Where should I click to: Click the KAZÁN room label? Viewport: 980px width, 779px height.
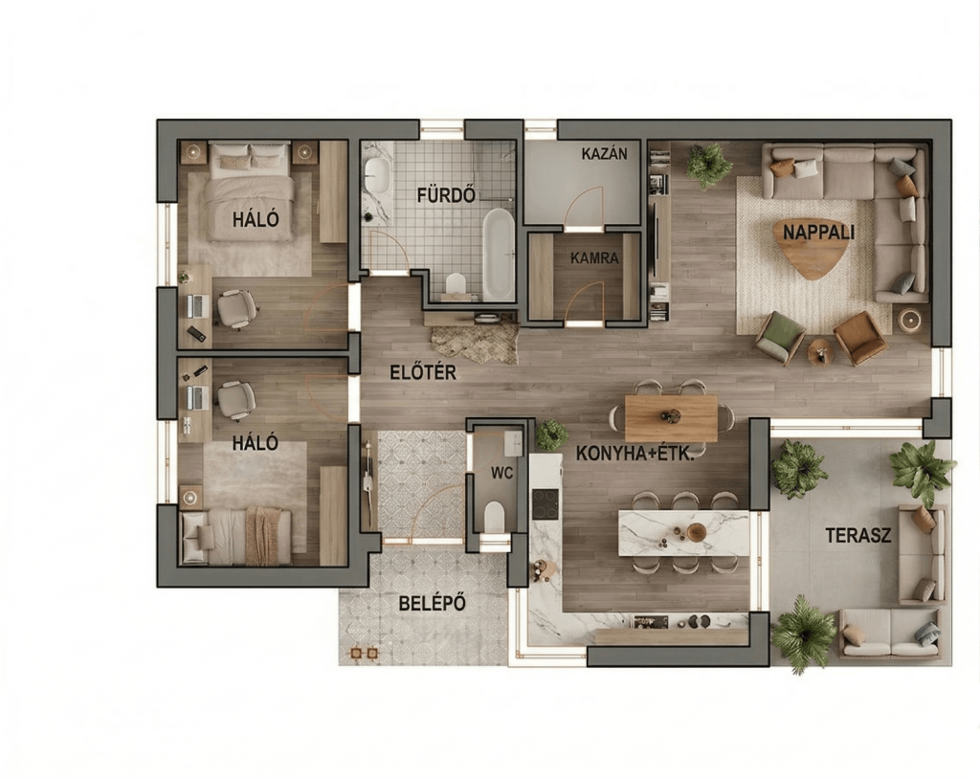click(604, 153)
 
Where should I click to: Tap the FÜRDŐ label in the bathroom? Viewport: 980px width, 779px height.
click(446, 195)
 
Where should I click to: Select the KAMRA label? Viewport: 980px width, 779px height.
click(594, 257)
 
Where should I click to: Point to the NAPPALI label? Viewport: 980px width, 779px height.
click(818, 233)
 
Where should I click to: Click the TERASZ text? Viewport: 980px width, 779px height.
click(858, 535)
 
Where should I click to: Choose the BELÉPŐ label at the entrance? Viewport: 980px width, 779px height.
click(433, 603)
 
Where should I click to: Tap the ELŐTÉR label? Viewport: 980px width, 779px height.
click(422, 372)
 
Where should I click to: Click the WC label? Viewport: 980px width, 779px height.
click(501, 474)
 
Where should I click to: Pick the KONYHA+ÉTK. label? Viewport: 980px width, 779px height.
click(635, 454)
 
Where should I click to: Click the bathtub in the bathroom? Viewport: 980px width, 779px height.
click(498, 254)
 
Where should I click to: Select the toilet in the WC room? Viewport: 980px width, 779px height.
click(494, 517)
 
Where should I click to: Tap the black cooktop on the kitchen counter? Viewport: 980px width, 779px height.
click(545, 504)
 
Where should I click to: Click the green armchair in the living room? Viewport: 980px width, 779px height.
click(779, 338)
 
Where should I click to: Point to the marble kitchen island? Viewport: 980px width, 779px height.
click(683, 533)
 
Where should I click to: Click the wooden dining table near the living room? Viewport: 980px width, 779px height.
click(671, 417)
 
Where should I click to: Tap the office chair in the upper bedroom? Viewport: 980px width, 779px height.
click(236, 308)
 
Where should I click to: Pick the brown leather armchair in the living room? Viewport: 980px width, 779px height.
click(860, 338)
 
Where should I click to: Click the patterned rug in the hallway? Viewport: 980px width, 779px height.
click(475, 344)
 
